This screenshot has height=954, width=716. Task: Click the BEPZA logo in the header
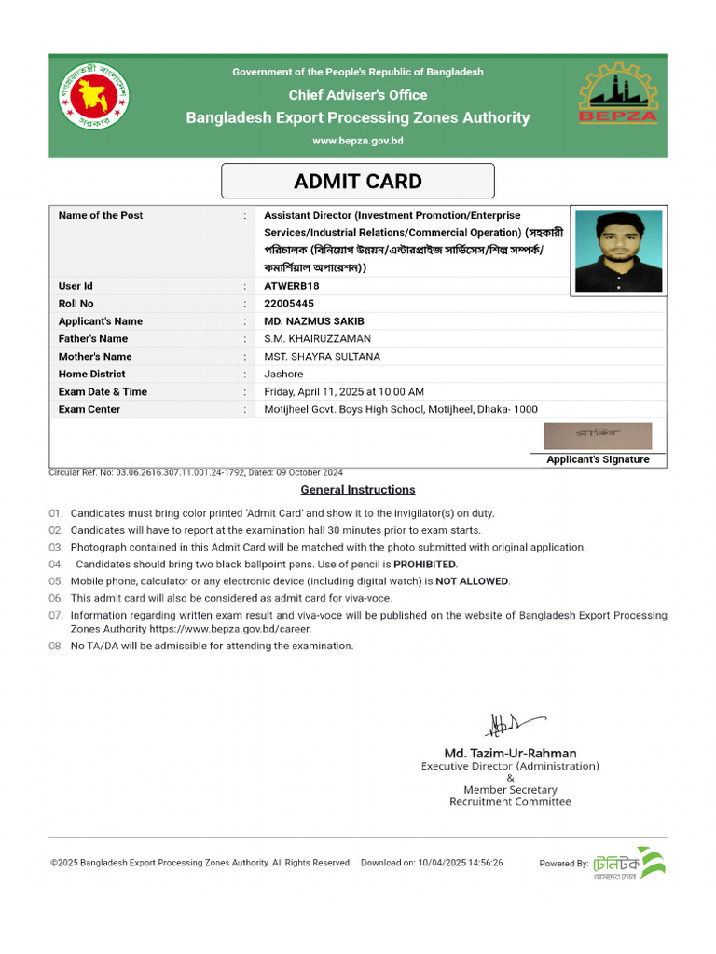coord(618,93)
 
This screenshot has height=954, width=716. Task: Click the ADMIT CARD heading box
coord(358,182)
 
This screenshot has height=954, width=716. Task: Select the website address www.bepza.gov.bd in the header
coord(358,141)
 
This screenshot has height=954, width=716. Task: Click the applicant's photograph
coord(618,251)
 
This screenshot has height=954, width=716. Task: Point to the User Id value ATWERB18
coord(291,286)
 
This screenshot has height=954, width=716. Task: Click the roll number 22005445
coord(289,304)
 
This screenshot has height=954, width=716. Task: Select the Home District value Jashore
coord(283,374)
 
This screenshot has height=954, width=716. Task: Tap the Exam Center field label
coord(89,409)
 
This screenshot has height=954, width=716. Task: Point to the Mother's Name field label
coord(95,356)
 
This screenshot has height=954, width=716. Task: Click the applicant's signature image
coord(598,436)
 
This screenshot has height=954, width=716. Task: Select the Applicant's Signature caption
coord(598,459)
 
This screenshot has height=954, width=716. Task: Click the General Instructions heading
coord(358,490)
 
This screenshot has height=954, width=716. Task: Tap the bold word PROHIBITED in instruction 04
coord(424,565)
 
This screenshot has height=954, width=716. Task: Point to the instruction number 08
coord(55,646)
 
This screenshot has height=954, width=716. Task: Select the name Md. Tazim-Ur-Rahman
coord(510,753)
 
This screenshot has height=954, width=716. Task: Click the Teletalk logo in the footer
coord(629,863)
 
